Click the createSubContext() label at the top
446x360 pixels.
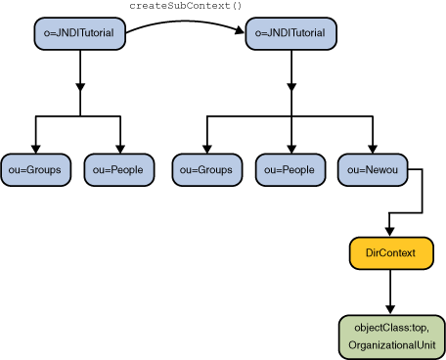click(x=185, y=6)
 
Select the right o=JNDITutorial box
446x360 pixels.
click(x=290, y=34)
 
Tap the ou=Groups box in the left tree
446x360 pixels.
click(x=35, y=170)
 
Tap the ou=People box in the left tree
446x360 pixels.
click(x=119, y=170)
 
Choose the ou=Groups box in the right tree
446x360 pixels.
click(x=206, y=170)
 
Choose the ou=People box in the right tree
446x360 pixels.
click(x=290, y=170)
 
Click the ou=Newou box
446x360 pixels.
click(x=373, y=170)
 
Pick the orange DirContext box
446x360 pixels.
click(x=391, y=253)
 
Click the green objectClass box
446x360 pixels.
click(x=391, y=337)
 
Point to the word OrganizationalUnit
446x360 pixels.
click(x=391, y=344)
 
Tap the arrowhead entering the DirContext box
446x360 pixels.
click(x=391, y=232)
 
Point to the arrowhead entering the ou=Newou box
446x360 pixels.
click(x=373, y=148)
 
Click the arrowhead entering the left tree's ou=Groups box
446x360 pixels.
click(x=35, y=148)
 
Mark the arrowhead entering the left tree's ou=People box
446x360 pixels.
click(x=119, y=148)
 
